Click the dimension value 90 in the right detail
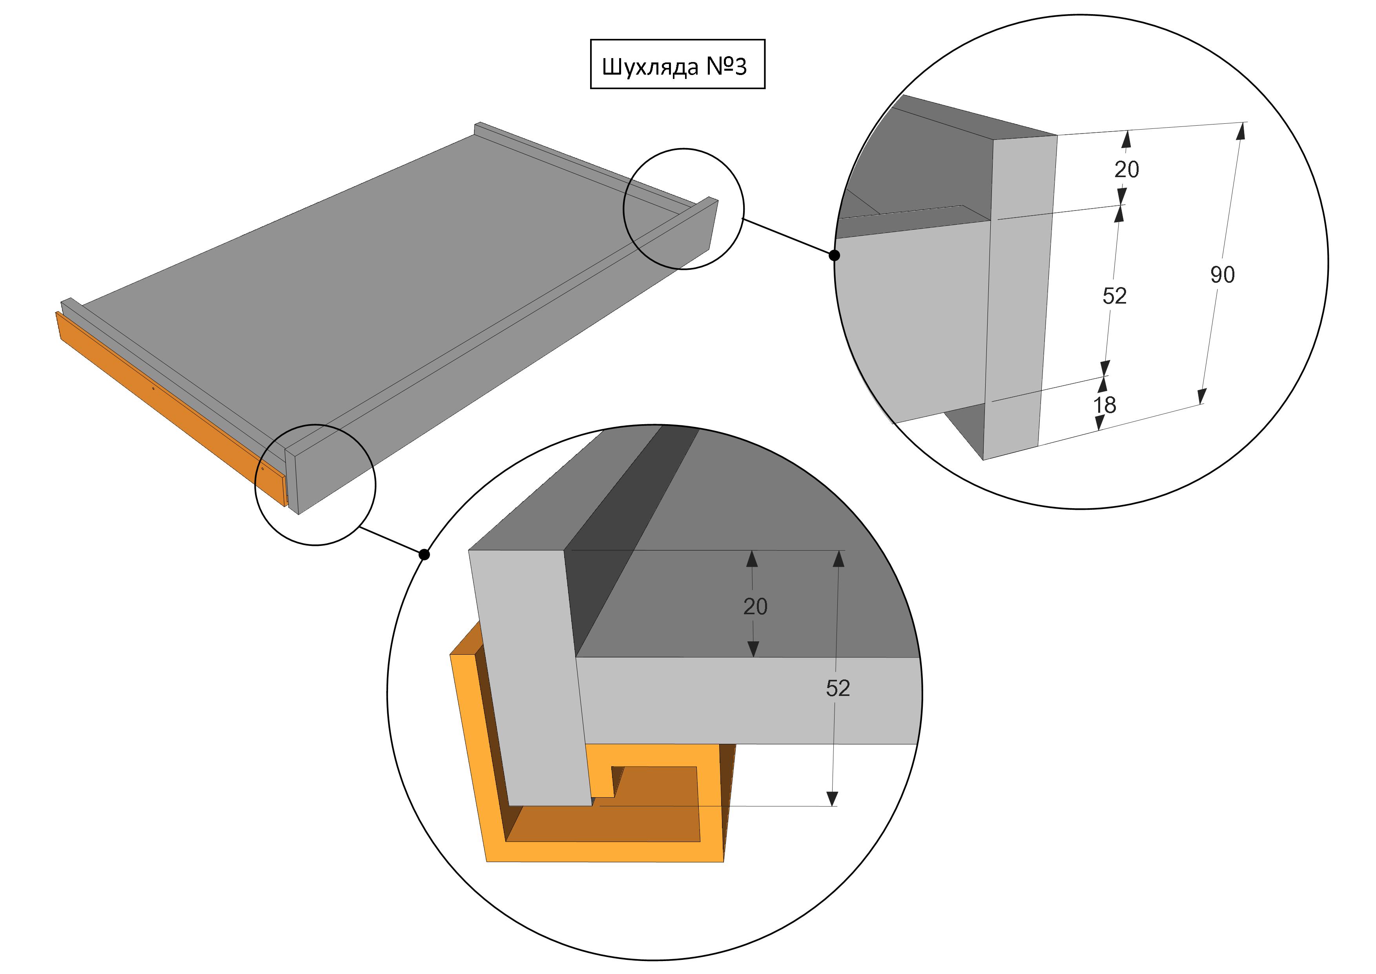(1223, 275)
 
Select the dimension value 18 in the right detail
(1104, 405)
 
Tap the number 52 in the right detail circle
(1115, 296)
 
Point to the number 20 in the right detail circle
(1127, 170)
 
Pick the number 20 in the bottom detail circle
(755, 607)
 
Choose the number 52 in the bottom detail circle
(838, 688)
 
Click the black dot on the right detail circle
(834, 256)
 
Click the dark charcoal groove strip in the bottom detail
(629, 540)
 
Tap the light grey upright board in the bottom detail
(530, 678)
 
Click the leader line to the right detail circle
(789, 237)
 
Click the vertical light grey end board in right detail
(1019, 297)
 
